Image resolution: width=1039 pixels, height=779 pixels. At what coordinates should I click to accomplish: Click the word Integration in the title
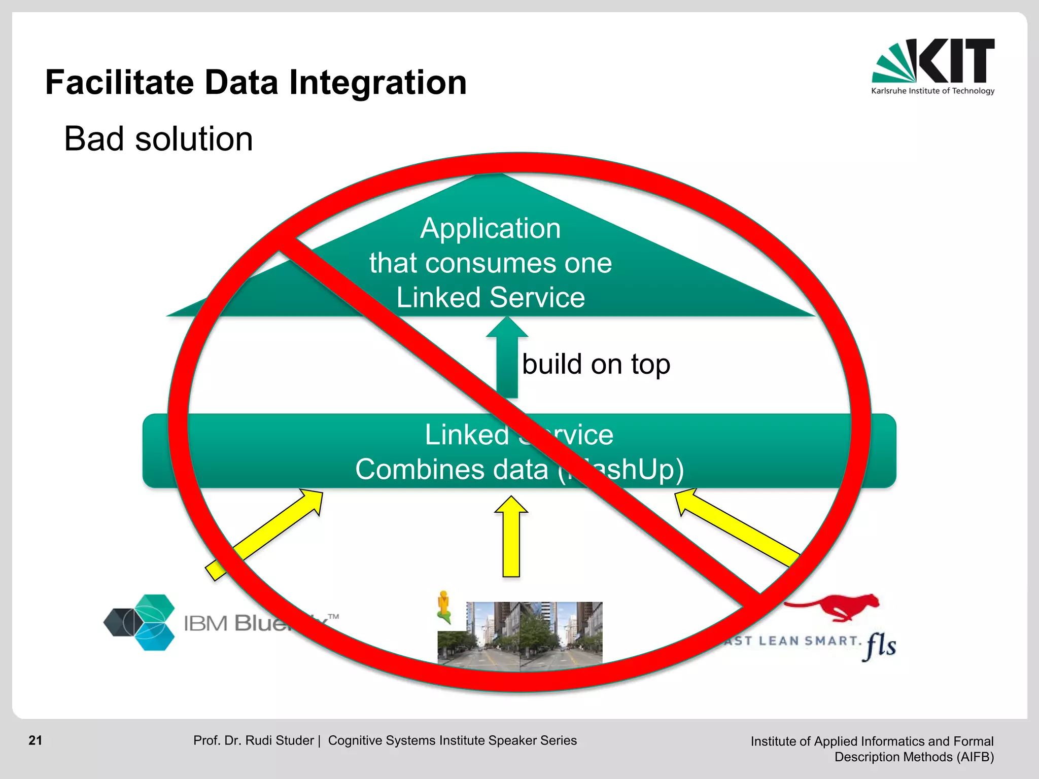377,83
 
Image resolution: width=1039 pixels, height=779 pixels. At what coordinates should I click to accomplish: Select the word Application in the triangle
490,228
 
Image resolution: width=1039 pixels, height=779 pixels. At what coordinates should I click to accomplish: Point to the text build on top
596,364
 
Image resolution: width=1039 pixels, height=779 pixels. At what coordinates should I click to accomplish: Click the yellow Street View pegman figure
444,606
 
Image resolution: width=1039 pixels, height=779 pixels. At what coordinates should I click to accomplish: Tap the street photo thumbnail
520,634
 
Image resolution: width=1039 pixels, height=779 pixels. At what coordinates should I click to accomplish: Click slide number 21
36,740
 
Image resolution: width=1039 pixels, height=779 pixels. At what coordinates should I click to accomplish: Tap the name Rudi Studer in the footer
279,740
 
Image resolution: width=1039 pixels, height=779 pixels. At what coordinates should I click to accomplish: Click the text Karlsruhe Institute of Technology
932,91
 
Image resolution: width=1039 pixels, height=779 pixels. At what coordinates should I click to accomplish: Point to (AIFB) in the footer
975,757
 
